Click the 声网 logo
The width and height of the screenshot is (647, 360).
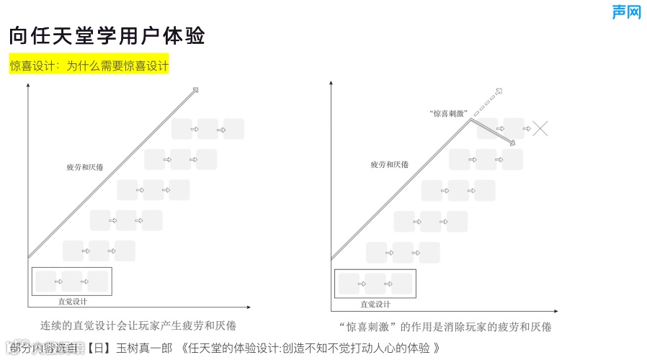[625, 12]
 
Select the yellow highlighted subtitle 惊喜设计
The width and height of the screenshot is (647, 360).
[89, 66]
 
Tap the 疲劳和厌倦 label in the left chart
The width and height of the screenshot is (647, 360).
[84, 168]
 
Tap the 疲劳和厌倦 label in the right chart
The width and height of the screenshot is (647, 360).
[389, 165]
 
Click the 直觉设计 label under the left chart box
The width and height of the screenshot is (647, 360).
[72, 302]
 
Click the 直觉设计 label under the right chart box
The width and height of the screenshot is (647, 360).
[375, 304]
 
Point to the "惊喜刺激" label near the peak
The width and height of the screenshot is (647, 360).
[448, 113]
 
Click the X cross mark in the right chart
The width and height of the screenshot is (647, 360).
[540, 129]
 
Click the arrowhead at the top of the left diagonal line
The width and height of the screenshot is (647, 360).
[195, 90]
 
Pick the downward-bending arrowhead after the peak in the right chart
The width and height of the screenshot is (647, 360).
[512, 143]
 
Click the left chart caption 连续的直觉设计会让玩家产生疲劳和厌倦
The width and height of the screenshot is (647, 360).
[138, 325]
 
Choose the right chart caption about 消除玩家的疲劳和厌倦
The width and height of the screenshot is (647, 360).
[445, 326]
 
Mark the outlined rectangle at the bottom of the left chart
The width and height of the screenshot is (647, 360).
[72, 281]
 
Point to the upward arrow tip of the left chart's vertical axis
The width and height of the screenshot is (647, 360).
[28, 86]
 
